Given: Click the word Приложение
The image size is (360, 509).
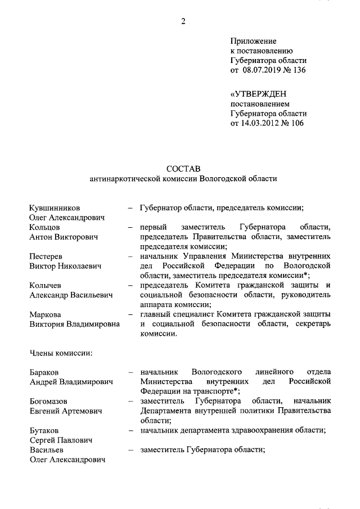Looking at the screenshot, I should [253, 41].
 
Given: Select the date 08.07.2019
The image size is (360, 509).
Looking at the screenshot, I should [262, 70].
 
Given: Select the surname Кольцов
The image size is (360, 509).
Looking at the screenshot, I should [44, 227].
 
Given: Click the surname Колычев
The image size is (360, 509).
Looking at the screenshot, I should [47, 285].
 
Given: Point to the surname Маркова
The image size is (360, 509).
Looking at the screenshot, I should [46, 314].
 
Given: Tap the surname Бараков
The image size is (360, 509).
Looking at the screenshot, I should [45, 372].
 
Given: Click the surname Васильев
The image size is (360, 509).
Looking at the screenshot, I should [47, 450].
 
